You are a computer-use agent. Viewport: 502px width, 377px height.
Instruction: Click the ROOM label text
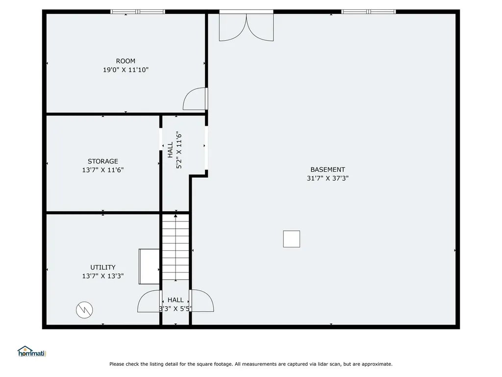[125, 61]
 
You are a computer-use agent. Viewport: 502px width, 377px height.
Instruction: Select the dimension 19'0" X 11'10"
[125, 70]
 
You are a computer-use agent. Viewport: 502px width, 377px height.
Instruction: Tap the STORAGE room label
[103, 162]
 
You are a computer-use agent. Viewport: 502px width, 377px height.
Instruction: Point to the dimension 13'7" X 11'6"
[103, 170]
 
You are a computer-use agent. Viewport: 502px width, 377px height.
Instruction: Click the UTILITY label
[103, 268]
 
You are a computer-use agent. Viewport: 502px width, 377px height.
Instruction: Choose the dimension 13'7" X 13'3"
[103, 276]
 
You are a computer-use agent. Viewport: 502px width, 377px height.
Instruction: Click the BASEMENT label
[327, 170]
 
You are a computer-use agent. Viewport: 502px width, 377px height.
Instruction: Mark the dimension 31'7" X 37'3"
[327, 179]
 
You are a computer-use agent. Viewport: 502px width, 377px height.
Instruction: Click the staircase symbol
[176, 247]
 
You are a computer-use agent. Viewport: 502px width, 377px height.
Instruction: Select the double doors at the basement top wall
[246, 27]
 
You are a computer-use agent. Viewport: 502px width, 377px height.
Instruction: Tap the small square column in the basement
[291, 239]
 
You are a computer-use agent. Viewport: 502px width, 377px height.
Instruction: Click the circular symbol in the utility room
[84, 310]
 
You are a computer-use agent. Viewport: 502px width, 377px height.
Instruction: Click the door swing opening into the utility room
[150, 301]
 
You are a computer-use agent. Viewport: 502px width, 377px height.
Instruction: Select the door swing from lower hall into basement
[201, 301]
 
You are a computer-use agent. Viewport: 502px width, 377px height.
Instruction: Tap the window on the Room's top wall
[138, 12]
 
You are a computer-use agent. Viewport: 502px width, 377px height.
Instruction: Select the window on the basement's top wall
[369, 11]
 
